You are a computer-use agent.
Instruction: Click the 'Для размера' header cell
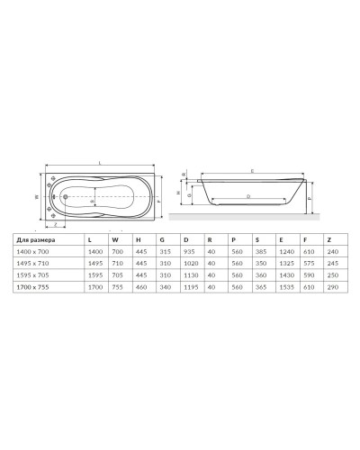[39, 238]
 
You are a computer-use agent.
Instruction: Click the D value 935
[188, 255]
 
